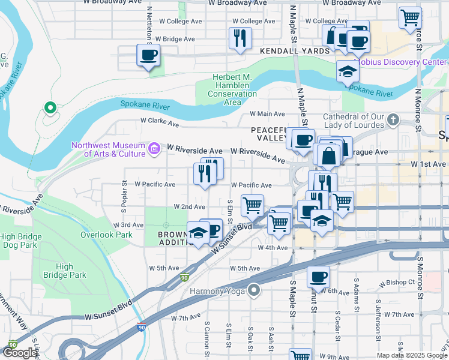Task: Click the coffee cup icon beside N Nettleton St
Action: click(148, 56)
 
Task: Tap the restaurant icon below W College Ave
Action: click(240, 38)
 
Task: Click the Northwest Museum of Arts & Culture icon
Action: click(154, 148)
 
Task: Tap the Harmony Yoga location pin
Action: click(254, 291)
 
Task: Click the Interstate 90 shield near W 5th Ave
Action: click(184, 278)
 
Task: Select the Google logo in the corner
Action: click(19, 353)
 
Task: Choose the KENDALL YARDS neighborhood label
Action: click(295, 52)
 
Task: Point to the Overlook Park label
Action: click(106, 235)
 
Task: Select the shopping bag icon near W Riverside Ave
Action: click(329, 155)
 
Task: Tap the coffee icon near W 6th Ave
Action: click(318, 277)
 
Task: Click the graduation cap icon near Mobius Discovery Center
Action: click(348, 72)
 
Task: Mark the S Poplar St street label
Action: click(124, 197)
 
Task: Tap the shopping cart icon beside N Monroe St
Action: click(410, 17)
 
